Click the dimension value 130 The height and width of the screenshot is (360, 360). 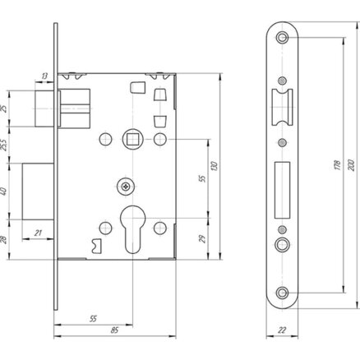click(215, 166)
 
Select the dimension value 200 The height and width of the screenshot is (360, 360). click(351, 165)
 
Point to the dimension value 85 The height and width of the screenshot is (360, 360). click(114, 330)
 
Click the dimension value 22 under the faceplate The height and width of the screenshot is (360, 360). click(282, 330)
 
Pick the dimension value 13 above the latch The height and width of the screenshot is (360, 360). click(44, 76)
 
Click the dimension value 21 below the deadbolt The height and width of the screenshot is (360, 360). click(38, 233)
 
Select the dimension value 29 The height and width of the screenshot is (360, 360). click(203, 239)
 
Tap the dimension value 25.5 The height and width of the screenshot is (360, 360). click(3, 145)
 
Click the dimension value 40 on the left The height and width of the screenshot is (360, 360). click(3, 192)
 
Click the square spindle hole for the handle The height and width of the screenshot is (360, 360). click(132, 140)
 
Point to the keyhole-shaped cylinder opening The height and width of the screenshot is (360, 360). click(132, 229)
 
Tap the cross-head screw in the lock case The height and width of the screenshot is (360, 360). click(126, 187)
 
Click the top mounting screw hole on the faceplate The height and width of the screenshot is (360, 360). click(282, 37)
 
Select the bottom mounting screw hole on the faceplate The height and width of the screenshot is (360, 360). click(282, 293)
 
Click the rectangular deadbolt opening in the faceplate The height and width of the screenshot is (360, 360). click(282, 190)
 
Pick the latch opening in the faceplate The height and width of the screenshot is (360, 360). click(282, 107)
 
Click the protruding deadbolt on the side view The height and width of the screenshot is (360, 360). click(38, 192)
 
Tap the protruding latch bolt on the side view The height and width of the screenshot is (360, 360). click(44, 108)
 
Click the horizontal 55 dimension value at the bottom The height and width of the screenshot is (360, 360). click(93, 319)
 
